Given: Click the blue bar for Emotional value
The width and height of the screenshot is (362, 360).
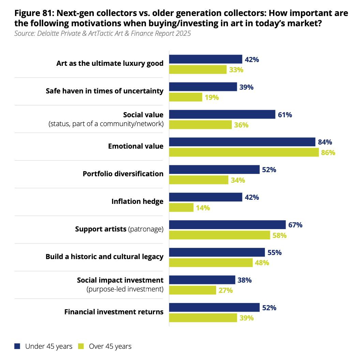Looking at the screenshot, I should pos(242,142).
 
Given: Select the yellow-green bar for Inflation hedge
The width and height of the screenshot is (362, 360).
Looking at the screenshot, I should pos(181,208).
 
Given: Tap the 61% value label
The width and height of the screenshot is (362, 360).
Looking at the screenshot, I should pos(285,115).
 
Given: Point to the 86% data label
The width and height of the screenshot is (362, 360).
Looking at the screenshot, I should pos(328,152).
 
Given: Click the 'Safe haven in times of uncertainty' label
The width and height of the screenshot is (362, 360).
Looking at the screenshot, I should pos(105,91).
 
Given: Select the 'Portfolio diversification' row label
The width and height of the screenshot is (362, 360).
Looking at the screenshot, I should pos(123,174).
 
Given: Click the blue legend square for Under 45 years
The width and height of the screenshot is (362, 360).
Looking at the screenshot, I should pos(17,346).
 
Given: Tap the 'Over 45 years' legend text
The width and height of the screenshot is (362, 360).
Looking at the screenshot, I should pos(110,346).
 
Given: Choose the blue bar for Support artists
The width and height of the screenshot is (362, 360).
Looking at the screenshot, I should pos(227,225).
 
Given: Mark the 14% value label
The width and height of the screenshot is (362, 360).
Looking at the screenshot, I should pos(203,208).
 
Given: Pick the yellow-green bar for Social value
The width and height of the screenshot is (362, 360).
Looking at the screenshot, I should pos(200,125).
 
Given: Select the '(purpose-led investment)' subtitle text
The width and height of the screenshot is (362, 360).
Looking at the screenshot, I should pos(125,289).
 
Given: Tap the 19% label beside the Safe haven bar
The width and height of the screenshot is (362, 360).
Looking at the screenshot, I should pos(211,97).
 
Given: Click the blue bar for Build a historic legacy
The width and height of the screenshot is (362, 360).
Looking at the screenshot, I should pos(217,253).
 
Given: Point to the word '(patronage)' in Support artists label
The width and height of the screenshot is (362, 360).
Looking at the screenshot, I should pos(146,229).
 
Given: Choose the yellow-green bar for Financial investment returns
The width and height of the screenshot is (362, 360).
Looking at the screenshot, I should pos(203,318).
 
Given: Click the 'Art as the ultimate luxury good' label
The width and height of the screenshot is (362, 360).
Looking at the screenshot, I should pos(110,63).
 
